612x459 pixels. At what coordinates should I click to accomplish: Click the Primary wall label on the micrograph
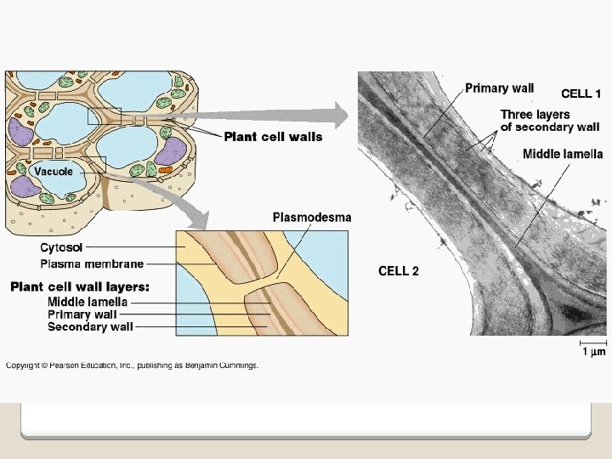[499, 88]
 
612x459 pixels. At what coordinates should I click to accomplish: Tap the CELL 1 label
[581, 93]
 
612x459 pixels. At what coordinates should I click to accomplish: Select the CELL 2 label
[398, 271]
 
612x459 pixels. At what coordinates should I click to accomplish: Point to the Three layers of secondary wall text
[549, 121]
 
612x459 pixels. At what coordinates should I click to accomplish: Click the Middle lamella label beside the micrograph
[562, 154]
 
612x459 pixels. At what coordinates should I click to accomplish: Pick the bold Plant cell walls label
[273, 137]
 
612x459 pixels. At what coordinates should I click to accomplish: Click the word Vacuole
[54, 172]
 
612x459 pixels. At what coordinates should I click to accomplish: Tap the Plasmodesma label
[311, 218]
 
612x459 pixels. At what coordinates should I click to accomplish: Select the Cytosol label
[61, 248]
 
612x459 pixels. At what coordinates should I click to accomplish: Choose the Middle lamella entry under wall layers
[88, 302]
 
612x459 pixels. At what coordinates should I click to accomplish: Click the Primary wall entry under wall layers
[82, 314]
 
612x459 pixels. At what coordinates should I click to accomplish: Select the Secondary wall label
[90, 326]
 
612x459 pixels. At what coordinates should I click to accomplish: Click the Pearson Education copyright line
[132, 365]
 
